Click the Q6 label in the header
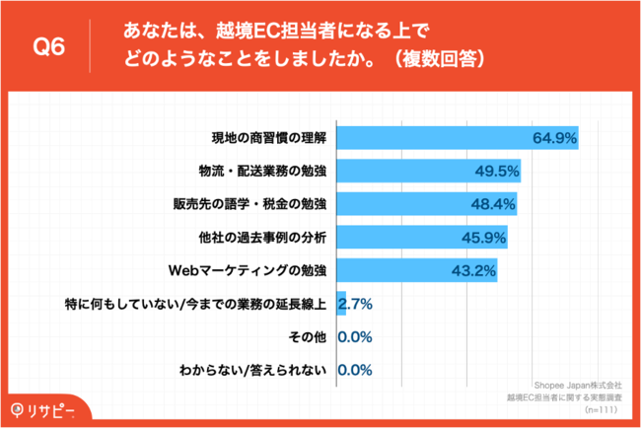click(x=49, y=46)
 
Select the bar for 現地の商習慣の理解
click(x=458, y=138)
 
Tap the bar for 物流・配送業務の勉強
click(x=429, y=172)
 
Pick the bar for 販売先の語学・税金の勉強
click(x=427, y=205)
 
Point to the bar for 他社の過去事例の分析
click(x=422, y=238)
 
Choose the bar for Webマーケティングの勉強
click(x=417, y=271)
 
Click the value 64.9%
click(x=553, y=138)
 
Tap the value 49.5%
click(x=495, y=172)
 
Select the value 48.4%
click(x=491, y=205)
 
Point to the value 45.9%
click(x=482, y=238)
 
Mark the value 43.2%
click(x=472, y=271)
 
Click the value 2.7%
click(x=355, y=305)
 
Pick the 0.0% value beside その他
click(x=355, y=338)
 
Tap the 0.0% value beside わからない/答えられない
click(x=355, y=372)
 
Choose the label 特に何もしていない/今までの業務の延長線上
click(x=196, y=305)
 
